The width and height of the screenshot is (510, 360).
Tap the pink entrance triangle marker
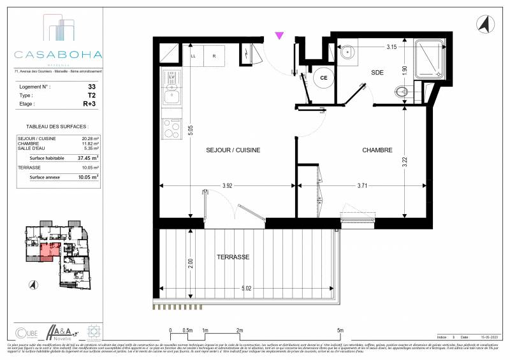click(279, 36)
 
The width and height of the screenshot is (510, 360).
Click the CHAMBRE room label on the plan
click(377, 150)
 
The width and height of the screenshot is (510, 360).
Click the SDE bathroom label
click(379, 73)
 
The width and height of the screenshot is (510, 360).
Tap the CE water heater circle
click(323, 78)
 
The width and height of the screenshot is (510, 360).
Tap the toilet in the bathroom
click(402, 92)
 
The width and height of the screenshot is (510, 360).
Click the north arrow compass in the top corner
click(483, 25)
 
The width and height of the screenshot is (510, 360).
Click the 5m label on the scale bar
click(340, 330)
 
